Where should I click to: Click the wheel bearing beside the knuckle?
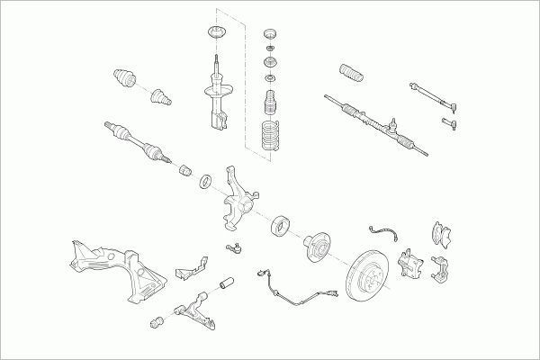[280, 224]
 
